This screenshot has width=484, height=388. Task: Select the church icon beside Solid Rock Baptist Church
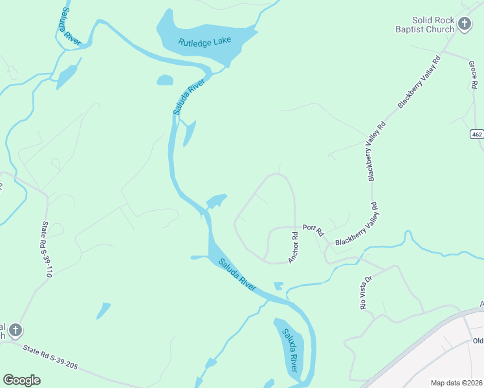tap(465, 25)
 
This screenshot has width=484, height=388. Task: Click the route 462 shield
tap(477, 134)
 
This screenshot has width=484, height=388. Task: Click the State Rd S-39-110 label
tap(46, 250)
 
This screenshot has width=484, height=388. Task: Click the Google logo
tap(21, 380)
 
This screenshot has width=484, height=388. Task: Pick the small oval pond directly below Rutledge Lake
tap(165, 80)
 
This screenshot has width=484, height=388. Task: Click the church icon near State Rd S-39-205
tap(16, 330)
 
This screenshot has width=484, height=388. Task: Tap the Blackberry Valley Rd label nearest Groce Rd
tap(419, 81)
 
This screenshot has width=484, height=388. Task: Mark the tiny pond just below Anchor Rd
tap(278, 285)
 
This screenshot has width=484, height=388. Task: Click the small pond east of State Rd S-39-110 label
tap(103, 310)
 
